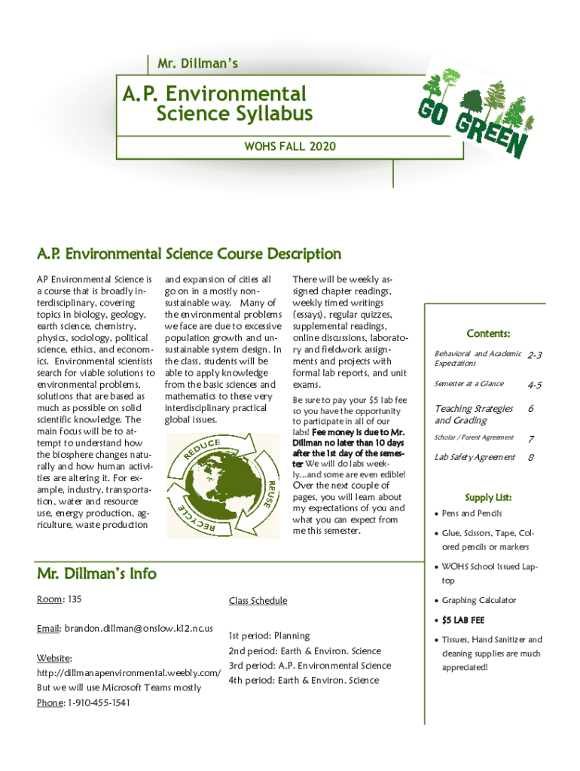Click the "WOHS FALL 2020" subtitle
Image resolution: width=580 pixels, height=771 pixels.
click(x=290, y=146)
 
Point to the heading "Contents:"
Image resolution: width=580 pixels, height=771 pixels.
click(x=488, y=334)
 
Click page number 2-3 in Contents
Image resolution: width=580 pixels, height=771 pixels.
click(x=535, y=355)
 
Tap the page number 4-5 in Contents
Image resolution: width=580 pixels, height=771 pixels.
click(x=535, y=385)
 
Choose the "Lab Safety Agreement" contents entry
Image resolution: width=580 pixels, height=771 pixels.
click(x=475, y=457)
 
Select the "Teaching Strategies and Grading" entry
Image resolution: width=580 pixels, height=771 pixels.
click(x=473, y=414)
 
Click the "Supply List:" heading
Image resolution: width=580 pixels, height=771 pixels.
click(x=488, y=498)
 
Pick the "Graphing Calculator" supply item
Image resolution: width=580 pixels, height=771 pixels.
click(x=479, y=600)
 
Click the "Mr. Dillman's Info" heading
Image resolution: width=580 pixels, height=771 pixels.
click(x=96, y=574)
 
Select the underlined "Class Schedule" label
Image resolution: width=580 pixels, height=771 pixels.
click(x=258, y=601)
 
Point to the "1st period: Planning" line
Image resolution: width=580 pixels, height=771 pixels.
click(x=269, y=636)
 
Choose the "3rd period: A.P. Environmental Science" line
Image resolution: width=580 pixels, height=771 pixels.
click(x=310, y=666)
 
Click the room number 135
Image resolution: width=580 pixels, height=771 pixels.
click(x=73, y=599)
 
